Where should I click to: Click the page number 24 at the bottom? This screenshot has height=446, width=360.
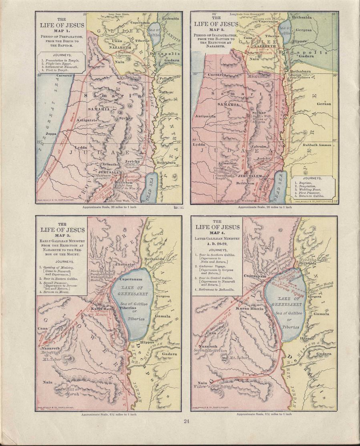click(x=186, y=421)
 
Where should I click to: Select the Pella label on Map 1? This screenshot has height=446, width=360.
click(x=163, y=78)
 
